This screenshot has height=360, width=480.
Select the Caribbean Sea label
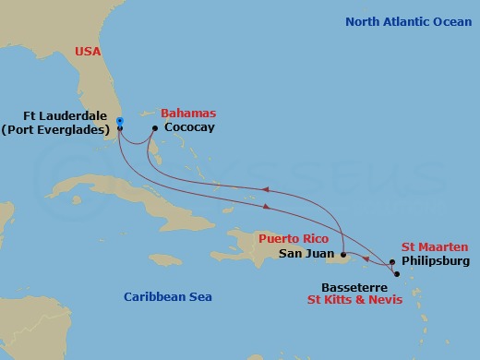tap(169, 296)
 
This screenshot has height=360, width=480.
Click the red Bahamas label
tap(189, 113)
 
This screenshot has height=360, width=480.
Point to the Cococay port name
tap(188, 127)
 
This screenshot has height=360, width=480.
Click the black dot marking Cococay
tap(154, 127)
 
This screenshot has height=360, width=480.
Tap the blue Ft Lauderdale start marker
tap(120, 120)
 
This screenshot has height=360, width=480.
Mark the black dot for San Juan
tap(342, 254)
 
